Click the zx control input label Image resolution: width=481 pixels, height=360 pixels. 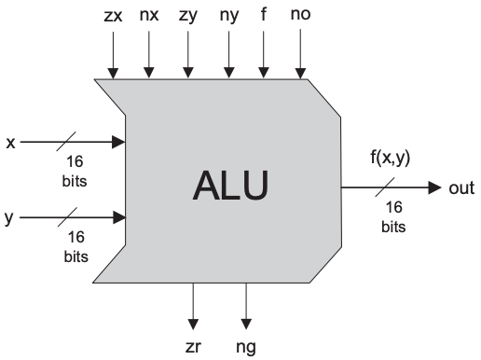point(112,15)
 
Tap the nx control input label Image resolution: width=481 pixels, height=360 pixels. point(149,15)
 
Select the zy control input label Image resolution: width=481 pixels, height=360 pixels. point(188,15)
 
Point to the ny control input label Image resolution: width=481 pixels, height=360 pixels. point(227,15)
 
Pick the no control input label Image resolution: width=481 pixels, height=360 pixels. point(301,15)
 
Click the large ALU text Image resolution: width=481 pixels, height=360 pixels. point(230,186)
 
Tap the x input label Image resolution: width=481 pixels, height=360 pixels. point(9,143)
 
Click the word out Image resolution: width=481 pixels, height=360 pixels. point(462,187)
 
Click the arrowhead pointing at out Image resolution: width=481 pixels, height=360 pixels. point(433,187)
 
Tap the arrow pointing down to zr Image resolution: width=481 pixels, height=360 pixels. point(193,303)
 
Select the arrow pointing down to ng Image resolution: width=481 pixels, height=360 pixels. point(246,303)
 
